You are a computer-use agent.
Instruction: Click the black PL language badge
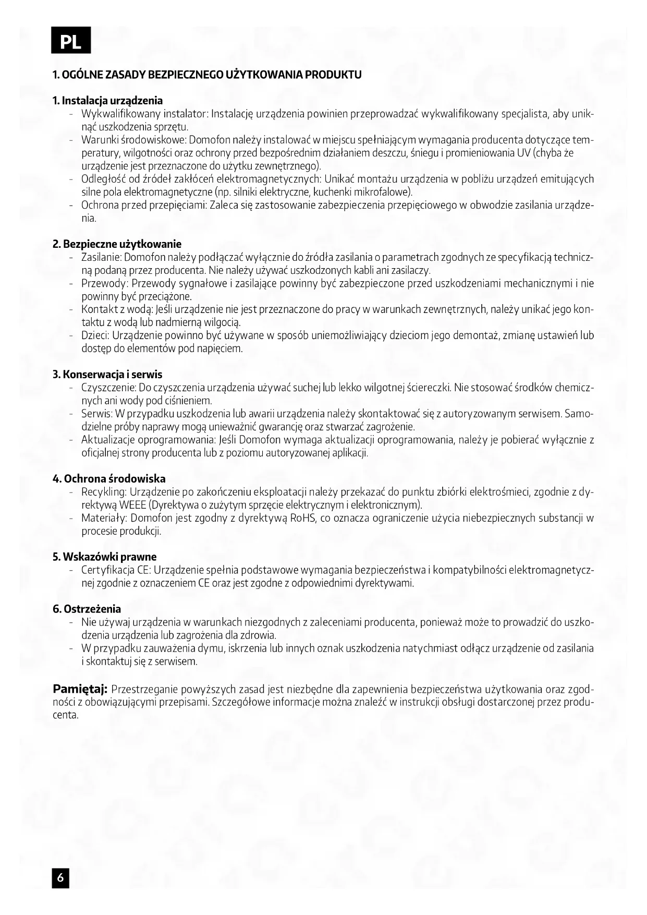coord(71,41)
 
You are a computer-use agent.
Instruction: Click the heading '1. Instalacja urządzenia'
coord(108,101)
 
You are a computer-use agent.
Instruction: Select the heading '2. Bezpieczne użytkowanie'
coord(117,244)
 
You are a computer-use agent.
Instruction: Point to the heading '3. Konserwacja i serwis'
coord(108,375)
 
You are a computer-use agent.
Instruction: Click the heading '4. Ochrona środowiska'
coord(109,479)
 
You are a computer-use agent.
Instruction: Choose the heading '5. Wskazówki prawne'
coord(105,557)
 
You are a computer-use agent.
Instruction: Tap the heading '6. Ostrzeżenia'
coord(87,609)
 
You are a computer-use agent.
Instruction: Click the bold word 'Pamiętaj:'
coord(80,689)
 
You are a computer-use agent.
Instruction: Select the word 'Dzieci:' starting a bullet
coord(95,335)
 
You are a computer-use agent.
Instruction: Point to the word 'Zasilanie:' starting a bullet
coord(101,257)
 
